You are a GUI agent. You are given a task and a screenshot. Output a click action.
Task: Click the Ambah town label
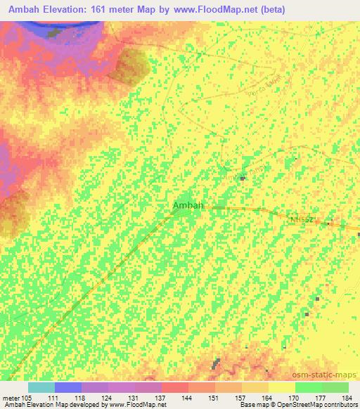(188, 205)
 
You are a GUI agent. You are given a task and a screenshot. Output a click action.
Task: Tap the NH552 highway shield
(300, 220)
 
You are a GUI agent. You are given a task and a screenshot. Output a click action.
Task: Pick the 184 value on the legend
(347, 397)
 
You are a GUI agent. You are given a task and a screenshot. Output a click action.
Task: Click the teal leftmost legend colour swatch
(41, 387)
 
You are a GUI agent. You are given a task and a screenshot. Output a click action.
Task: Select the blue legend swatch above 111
(68, 387)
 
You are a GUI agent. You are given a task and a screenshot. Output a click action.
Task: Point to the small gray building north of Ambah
(243, 178)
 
